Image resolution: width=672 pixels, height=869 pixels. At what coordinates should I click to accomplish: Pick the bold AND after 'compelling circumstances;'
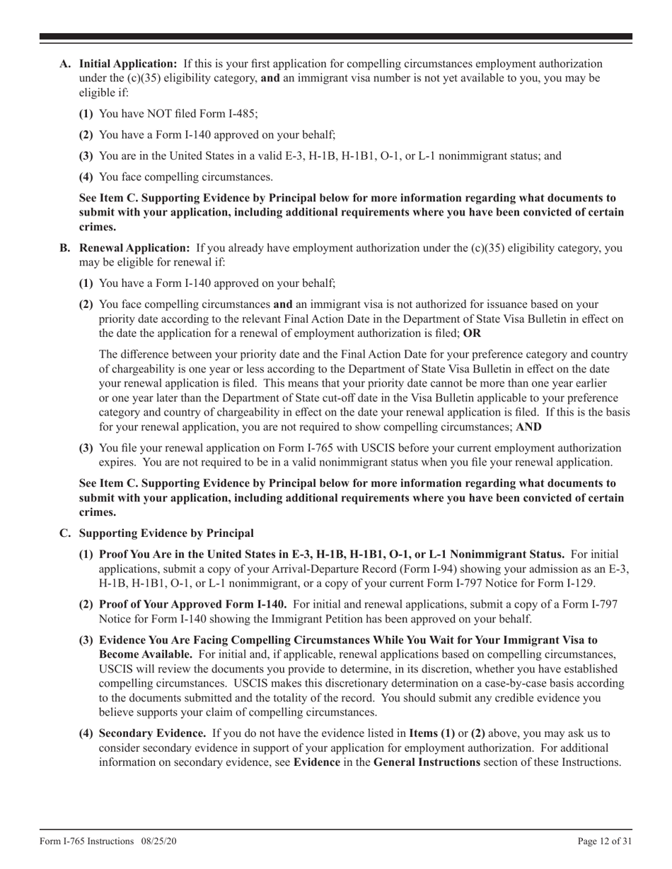tap(530, 427)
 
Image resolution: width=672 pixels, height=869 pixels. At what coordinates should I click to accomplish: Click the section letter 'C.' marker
tap(65, 533)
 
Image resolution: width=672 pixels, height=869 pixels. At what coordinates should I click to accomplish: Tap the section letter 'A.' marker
tap(65, 64)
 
